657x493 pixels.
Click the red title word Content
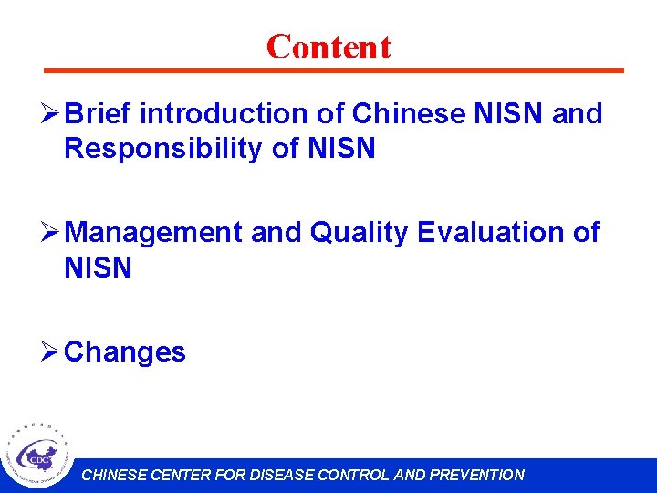328,47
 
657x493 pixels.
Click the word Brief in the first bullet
99,114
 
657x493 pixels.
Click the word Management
154,233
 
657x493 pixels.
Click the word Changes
125,351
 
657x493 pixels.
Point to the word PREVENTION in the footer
476,475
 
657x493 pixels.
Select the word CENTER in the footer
179,475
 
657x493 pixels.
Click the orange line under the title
334,70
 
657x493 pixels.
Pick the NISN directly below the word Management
98,268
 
